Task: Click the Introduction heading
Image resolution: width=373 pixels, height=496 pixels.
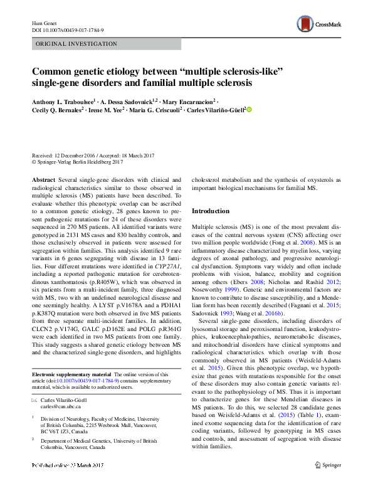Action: [210, 211]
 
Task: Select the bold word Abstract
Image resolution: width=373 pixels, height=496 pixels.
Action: [43, 179]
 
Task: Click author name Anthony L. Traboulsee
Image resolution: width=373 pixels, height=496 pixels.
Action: [62, 101]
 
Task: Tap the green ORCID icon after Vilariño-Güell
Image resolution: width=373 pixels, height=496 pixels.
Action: [249, 110]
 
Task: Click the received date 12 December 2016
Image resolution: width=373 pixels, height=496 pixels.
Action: [78, 156]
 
